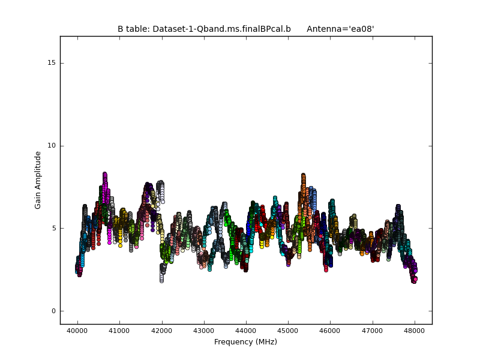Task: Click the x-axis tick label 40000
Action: (x=77, y=331)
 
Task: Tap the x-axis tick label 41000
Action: (x=119, y=331)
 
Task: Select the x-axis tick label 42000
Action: (x=161, y=331)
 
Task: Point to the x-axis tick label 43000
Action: (x=203, y=331)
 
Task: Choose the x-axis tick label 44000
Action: (x=246, y=331)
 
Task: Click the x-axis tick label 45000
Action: (x=288, y=331)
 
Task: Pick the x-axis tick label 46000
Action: (x=330, y=331)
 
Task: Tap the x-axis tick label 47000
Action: (x=373, y=331)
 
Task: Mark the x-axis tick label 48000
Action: (x=415, y=331)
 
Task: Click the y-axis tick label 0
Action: (x=53, y=311)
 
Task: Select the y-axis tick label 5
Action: (x=53, y=229)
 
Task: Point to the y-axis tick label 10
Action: (x=51, y=146)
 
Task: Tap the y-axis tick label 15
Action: (x=51, y=63)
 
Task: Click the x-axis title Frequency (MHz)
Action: (x=245, y=342)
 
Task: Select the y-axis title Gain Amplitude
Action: (x=38, y=180)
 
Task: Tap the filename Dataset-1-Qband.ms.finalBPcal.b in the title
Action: (x=221, y=29)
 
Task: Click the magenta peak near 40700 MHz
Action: (x=104, y=175)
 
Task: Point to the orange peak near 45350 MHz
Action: (x=303, y=176)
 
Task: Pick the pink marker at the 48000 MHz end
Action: (x=415, y=279)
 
